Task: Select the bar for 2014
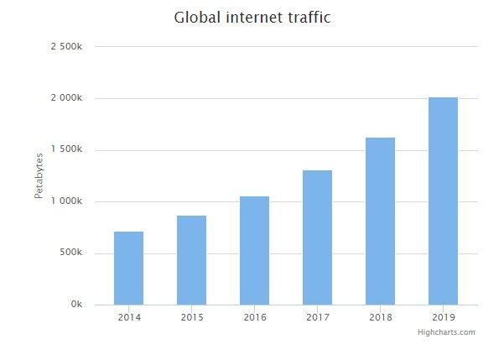[x=128, y=268]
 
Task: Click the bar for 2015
[x=191, y=260]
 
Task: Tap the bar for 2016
[x=254, y=250]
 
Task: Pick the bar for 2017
[x=317, y=237]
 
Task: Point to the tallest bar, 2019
[x=443, y=201]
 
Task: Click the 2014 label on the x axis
[x=128, y=317]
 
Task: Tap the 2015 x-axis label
[x=191, y=317]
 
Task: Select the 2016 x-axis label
[x=254, y=317]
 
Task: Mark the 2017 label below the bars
[x=317, y=317]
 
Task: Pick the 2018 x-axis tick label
[x=380, y=317]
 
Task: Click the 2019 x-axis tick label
[x=443, y=317]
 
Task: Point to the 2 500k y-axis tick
[x=66, y=47]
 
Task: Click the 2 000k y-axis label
[x=66, y=98]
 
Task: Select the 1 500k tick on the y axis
[x=66, y=149]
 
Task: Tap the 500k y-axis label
[x=70, y=253]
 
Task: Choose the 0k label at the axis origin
[x=76, y=305]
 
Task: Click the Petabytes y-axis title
[x=39, y=175]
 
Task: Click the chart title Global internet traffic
[x=252, y=17]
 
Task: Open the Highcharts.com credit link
[x=446, y=332]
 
